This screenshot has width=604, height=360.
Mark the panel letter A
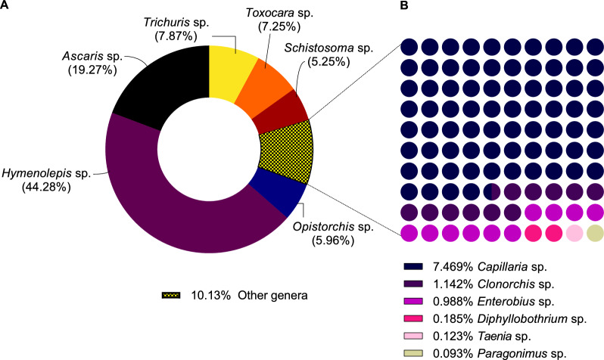click(x=5, y=6)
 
